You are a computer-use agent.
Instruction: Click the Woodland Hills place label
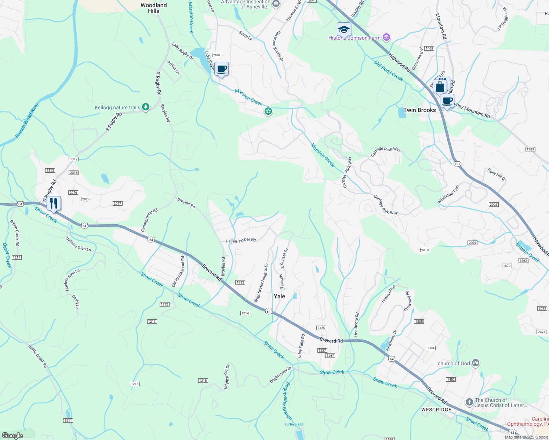point(153,8)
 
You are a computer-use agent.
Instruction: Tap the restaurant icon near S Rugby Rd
point(54,203)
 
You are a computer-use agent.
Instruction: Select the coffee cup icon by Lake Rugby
point(221,69)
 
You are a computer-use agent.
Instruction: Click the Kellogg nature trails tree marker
point(146,107)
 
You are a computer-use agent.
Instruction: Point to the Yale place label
point(279,296)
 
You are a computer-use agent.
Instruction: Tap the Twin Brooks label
point(419,110)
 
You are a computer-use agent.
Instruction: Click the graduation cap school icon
point(344,29)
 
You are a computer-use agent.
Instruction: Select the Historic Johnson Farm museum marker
point(386,37)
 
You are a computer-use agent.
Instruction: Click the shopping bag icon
point(440,87)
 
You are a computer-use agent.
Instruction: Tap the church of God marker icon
point(476,363)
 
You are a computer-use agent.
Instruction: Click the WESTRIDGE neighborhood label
point(436,410)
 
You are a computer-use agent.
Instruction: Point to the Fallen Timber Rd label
point(241,241)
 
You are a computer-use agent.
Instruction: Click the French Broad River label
point(27,121)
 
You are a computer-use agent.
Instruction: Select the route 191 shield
point(457,164)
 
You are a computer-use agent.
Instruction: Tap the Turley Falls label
point(294,424)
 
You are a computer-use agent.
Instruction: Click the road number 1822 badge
point(240,282)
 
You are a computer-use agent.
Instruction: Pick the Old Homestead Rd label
point(178,272)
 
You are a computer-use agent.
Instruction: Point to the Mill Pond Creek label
point(389,70)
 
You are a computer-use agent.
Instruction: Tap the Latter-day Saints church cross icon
point(469,402)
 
